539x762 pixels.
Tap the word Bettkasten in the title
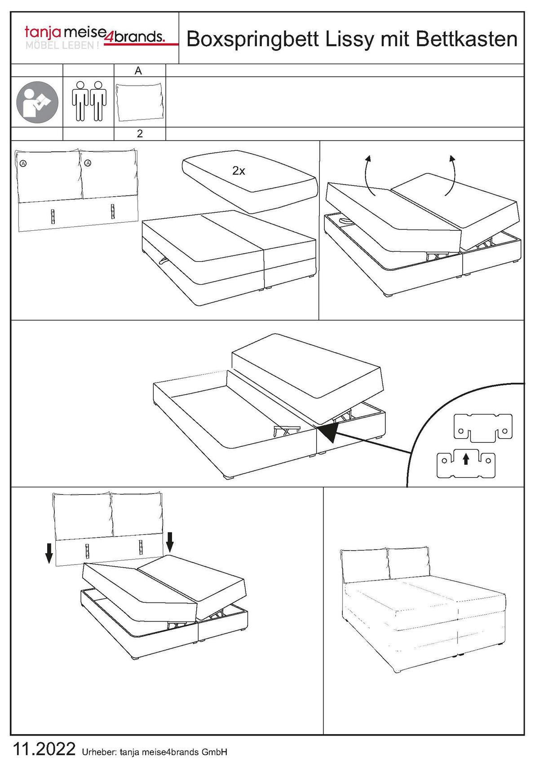[x=467, y=40]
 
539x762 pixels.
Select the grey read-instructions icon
[x=37, y=102]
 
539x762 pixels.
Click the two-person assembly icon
[x=89, y=101]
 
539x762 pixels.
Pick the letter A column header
[x=138, y=71]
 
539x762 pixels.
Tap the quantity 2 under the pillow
[x=140, y=134]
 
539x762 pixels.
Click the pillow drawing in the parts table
[x=140, y=102]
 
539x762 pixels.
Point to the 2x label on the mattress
[x=239, y=171]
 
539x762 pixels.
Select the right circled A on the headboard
[x=88, y=163]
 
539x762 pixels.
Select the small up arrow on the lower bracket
[x=466, y=458]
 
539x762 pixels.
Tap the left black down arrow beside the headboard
[x=49, y=553]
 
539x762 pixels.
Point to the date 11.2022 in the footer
[x=44, y=749]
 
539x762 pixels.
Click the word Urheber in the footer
[x=99, y=752]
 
